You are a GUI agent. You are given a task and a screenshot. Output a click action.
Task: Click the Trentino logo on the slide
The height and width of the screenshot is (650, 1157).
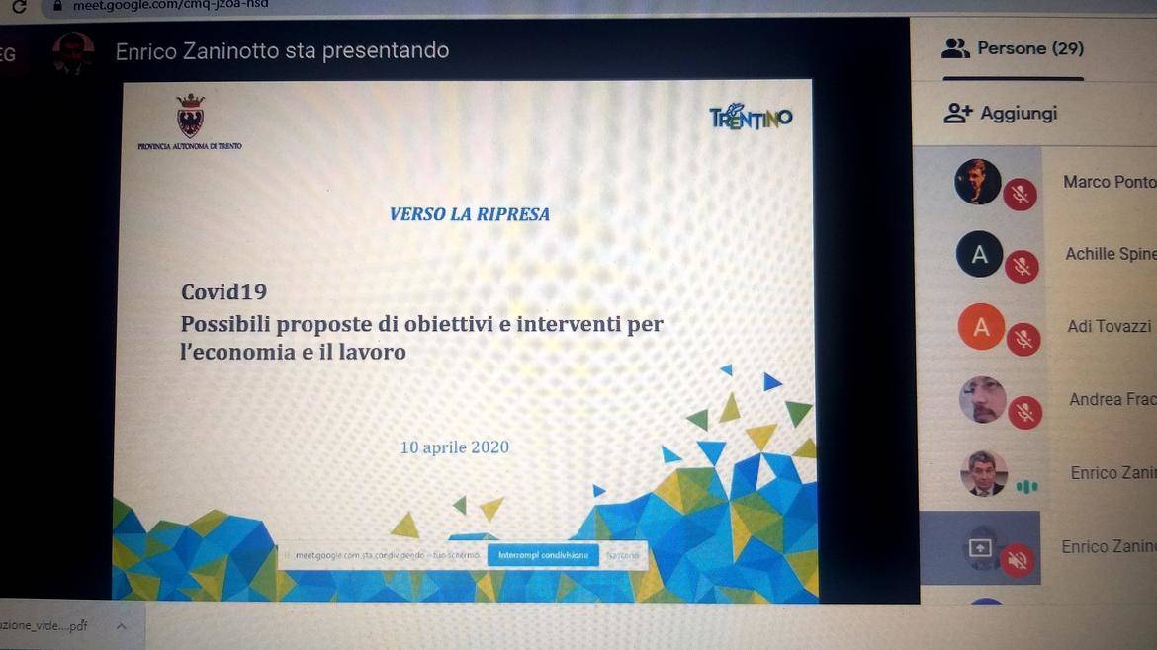click(x=751, y=118)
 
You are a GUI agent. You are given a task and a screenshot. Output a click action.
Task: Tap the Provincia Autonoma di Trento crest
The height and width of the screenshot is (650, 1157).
click(x=189, y=117)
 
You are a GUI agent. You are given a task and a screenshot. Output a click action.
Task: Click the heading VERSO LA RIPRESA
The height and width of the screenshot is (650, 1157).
click(x=469, y=213)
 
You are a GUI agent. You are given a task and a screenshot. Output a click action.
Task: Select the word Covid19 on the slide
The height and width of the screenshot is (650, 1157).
click(x=223, y=292)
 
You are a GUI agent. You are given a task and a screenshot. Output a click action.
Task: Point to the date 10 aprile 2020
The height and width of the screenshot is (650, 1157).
click(x=454, y=447)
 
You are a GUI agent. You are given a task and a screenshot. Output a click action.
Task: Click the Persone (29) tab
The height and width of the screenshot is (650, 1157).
click(x=1015, y=48)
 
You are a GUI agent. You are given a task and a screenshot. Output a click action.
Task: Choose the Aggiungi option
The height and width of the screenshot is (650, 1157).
click(x=1001, y=114)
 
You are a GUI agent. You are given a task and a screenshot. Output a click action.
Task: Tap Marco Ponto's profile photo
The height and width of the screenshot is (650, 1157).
click(x=978, y=182)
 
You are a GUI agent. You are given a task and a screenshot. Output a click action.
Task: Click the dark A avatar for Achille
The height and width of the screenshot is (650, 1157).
click(x=979, y=255)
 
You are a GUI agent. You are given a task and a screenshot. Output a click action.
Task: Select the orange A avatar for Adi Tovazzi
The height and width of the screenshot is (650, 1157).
click(x=981, y=327)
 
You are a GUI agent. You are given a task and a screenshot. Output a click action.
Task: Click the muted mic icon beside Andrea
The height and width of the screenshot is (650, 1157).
click(x=1024, y=412)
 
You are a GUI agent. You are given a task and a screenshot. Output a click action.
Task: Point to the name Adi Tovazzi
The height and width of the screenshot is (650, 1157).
click(x=1109, y=326)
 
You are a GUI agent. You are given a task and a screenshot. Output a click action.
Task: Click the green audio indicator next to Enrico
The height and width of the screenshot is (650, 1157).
click(x=1028, y=486)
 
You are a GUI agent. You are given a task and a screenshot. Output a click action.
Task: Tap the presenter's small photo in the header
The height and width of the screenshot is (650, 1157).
click(x=73, y=51)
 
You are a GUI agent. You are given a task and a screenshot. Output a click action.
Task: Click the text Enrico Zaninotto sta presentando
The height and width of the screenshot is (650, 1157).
click(x=282, y=50)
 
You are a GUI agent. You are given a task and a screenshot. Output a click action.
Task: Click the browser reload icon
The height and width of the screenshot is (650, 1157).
click(x=19, y=6)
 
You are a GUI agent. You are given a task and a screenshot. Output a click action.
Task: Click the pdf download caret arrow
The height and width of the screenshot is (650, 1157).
click(x=122, y=626)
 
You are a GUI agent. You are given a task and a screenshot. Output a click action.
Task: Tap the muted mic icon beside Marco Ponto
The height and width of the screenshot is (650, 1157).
click(x=1020, y=194)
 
